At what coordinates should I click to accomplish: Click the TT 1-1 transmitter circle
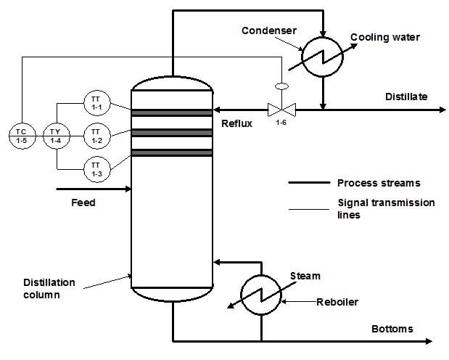(96, 103)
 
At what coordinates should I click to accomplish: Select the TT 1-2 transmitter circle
(96, 135)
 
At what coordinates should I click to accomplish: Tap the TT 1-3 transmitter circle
(96, 168)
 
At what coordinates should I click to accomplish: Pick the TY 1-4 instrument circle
(56, 135)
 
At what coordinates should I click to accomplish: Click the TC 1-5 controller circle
(22, 135)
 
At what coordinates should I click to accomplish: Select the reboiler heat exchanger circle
(261, 295)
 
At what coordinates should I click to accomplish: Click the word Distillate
(406, 97)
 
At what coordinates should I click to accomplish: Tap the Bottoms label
(392, 329)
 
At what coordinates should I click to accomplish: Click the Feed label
(83, 202)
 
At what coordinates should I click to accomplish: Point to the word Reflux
(236, 123)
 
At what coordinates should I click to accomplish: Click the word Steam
(305, 276)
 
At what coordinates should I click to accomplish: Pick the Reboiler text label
(337, 302)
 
